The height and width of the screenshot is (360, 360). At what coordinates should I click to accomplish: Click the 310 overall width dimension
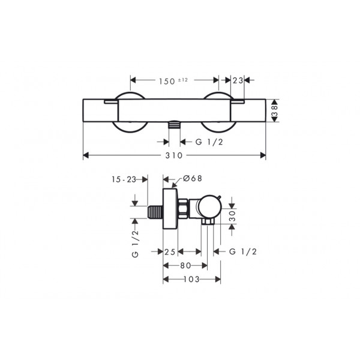click(x=174, y=155)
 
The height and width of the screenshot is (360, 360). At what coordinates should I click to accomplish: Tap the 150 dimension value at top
click(x=167, y=81)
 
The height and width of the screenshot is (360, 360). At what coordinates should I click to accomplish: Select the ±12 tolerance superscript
click(x=183, y=80)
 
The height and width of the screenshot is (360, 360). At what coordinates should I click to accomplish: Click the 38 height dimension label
click(x=275, y=110)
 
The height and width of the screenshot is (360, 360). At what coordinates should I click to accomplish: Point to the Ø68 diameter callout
click(x=193, y=178)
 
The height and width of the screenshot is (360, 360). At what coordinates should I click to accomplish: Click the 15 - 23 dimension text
click(x=124, y=179)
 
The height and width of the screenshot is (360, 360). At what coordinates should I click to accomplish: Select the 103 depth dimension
click(x=191, y=279)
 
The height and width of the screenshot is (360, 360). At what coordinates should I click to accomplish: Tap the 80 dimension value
click(x=185, y=265)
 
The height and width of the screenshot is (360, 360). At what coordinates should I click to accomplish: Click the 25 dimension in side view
click(x=170, y=252)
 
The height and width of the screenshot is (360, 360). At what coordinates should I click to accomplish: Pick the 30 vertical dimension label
click(x=232, y=216)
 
